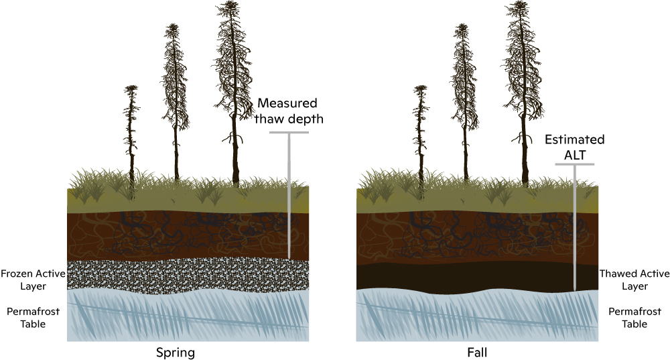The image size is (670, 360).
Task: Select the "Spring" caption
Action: [x=176, y=352]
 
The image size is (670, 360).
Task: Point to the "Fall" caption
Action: [x=478, y=352]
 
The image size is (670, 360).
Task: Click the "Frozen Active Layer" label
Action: [x=31, y=280]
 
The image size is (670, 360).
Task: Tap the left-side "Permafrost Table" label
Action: [x=31, y=318]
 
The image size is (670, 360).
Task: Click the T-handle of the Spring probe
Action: [x=289, y=133]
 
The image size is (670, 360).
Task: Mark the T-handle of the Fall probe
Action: [x=576, y=164]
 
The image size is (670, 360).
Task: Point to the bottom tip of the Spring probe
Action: [x=289, y=258]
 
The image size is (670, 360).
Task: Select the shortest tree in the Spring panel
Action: [x=132, y=134]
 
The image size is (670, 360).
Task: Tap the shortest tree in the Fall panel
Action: [x=421, y=134]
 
